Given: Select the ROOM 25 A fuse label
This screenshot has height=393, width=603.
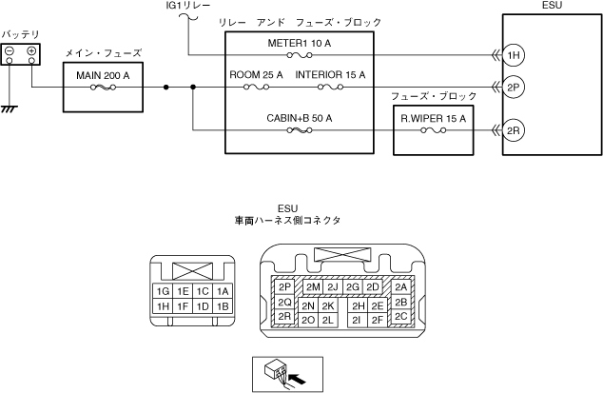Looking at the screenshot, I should [x=257, y=74].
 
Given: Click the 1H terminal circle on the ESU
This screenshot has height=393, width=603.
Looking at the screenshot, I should [x=515, y=55].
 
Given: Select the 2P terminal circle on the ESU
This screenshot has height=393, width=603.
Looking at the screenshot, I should [x=515, y=88].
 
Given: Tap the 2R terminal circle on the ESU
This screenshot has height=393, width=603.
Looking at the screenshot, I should [x=515, y=130].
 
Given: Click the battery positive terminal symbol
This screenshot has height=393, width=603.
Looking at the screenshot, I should [x=31, y=50].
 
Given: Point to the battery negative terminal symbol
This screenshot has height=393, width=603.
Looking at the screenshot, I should [x=10, y=50].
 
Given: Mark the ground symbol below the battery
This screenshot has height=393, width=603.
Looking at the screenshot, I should [x=10, y=109].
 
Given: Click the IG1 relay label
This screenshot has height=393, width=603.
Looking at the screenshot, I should [x=181, y=7].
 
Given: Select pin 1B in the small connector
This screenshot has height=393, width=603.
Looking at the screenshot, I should [x=223, y=306].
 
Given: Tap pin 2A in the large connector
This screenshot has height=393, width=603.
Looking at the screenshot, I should [x=400, y=286].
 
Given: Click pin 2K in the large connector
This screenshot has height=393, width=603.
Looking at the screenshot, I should [x=327, y=305].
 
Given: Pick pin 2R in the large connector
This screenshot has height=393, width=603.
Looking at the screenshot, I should [x=284, y=317].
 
